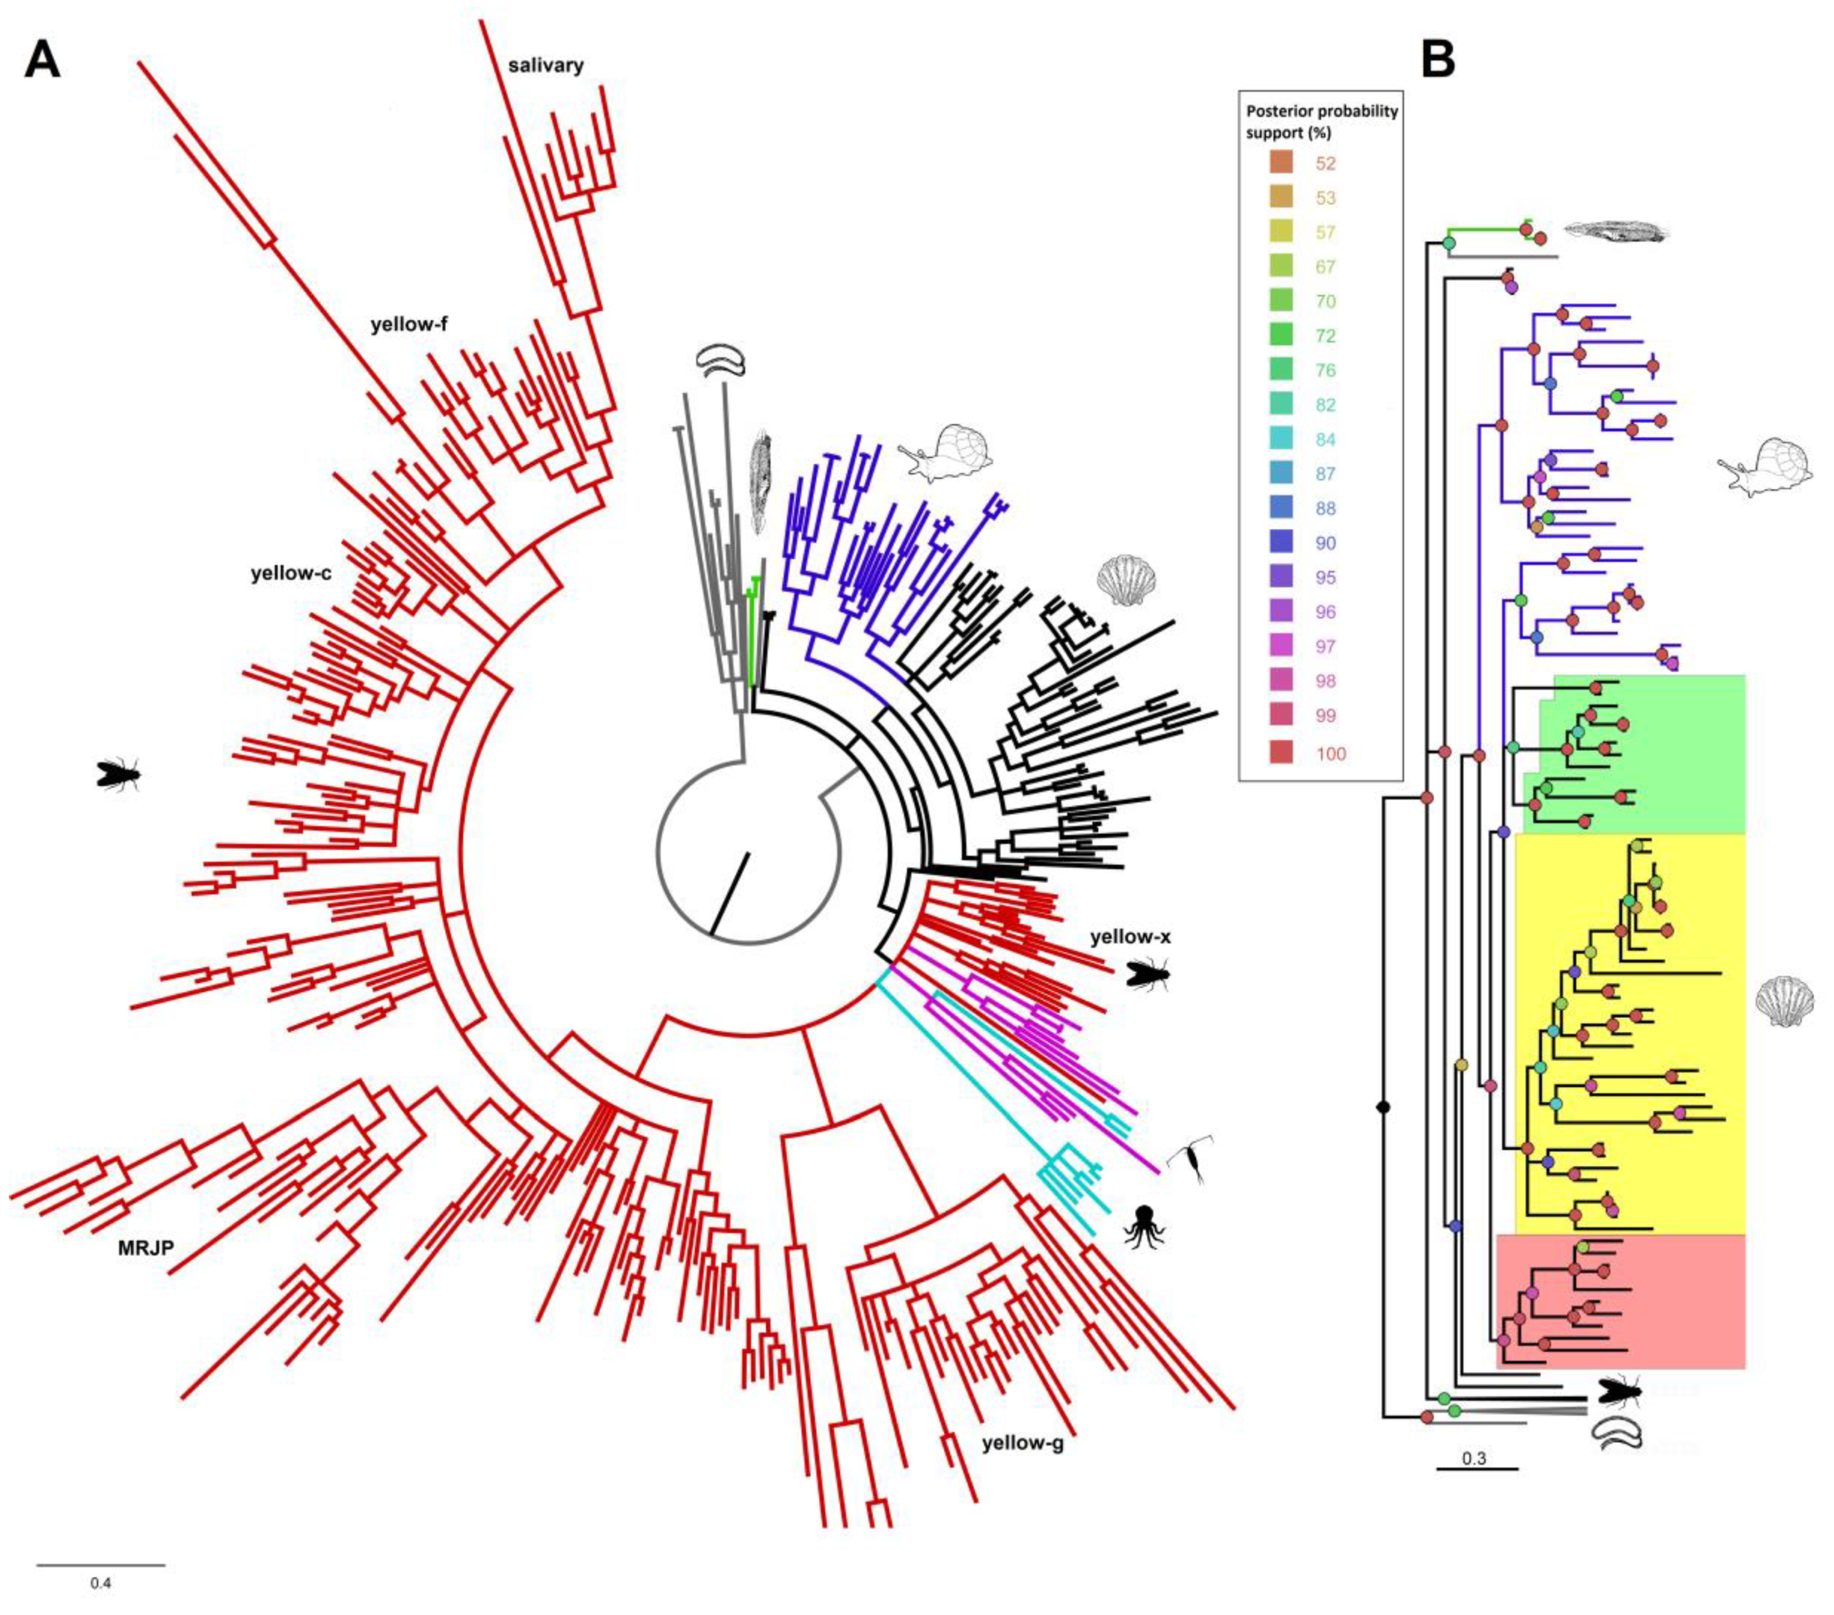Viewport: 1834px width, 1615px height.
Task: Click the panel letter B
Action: click(1439, 60)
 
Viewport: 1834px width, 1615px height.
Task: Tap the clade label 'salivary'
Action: click(545, 65)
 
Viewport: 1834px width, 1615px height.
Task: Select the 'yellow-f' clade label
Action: click(409, 325)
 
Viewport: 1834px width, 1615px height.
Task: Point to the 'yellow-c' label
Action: click(291, 573)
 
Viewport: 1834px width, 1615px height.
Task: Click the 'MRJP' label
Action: click(146, 1247)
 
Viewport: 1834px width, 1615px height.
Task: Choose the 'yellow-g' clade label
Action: click(1022, 1444)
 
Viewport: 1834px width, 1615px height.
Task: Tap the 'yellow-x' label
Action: click(1130, 937)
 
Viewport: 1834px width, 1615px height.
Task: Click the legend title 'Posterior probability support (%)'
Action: click(1322, 122)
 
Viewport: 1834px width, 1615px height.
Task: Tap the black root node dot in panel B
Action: click(1383, 1108)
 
